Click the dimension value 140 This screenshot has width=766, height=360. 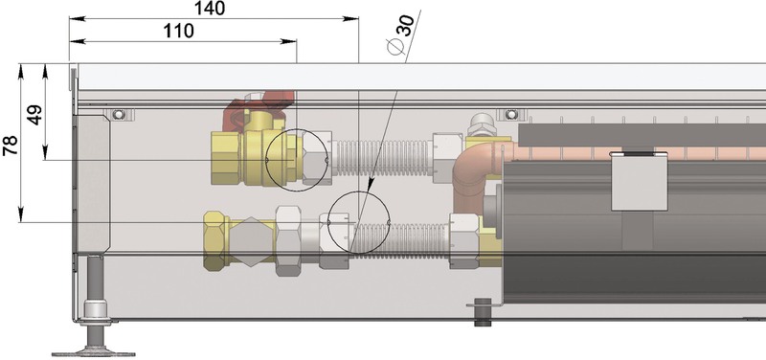[210, 9]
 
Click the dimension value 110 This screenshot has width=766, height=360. [178, 31]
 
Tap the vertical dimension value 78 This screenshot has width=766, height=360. [11, 146]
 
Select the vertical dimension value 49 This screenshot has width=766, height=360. [34, 115]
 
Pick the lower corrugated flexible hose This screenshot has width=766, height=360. [399, 239]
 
